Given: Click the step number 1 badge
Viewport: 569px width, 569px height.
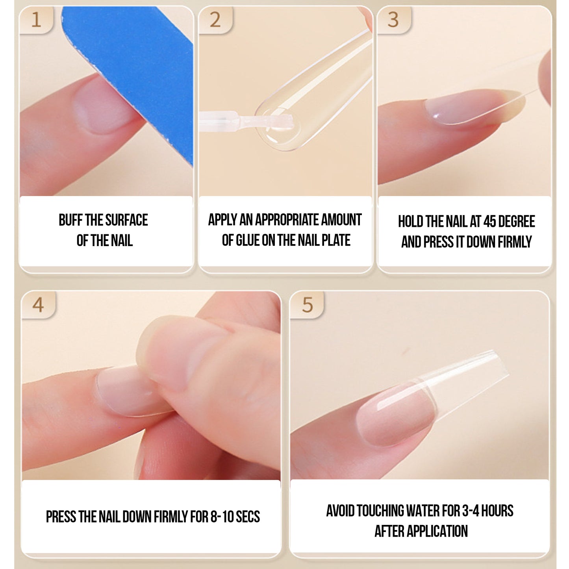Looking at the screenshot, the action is tap(36, 20).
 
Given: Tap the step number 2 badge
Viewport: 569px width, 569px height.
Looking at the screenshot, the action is tap(215, 20).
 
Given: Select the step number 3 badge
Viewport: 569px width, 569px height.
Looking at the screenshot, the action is tap(394, 20).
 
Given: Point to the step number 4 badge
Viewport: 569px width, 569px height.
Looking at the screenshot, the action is tap(38, 305).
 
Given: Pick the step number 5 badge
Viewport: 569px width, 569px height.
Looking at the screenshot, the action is tap(307, 305).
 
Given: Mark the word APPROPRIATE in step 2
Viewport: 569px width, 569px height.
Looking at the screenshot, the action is tap(287, 220).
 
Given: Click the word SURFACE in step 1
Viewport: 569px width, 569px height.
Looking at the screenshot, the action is tap(127, 220).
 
